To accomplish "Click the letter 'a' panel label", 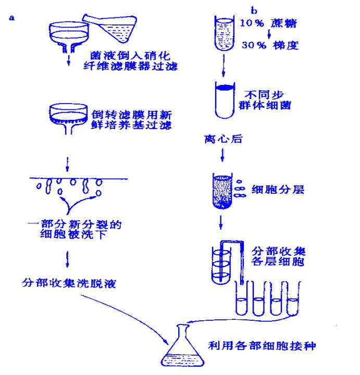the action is coord(11,18).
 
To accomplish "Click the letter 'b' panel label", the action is coord(254,11).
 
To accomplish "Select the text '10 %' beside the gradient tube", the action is coord(252,23).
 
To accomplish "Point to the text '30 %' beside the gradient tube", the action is coord(254,45).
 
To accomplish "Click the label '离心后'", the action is coord(224,139).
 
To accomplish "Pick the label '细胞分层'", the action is coord(278,190).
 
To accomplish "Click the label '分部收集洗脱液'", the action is coord(69,283).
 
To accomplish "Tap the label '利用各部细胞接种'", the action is coord(262,346).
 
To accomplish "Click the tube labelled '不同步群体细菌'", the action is coord(225,100).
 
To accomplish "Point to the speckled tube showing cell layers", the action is coord(222,191).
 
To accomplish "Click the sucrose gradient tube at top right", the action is coord(225,33).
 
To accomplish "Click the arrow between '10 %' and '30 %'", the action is coord(269,34).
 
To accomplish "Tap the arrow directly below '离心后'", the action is coord(222,155).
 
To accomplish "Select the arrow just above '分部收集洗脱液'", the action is coord(67,259).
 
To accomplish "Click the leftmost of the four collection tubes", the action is coord(242,298).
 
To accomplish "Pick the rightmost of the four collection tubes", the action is coord(293,298).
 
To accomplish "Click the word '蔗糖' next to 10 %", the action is coord(284,23).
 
